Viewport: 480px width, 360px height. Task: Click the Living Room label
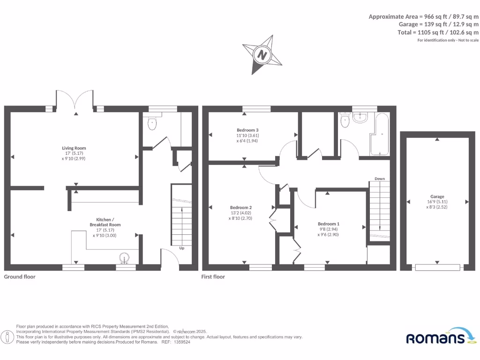click(75, 148)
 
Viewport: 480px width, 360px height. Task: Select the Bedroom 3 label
click(247, 130)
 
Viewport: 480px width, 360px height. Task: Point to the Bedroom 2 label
click(241, 208)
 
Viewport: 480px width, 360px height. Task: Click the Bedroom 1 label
click(328, 224)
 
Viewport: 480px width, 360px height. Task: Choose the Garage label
click(437, 197)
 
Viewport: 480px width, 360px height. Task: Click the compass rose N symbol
click(262, 55)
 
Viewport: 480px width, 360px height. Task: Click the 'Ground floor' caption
click(20, 277)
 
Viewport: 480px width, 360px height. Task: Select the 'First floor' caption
click(213, 277)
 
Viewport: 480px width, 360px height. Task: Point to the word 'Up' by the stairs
click(182, 248)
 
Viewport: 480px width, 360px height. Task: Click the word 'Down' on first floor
click(380, 179)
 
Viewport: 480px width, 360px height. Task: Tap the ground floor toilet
click(152, 124)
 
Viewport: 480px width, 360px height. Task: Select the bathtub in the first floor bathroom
click(380, 134)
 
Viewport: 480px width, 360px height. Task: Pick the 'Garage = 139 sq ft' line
click(438, 24)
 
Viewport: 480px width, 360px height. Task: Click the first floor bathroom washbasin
click(360, 118)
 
